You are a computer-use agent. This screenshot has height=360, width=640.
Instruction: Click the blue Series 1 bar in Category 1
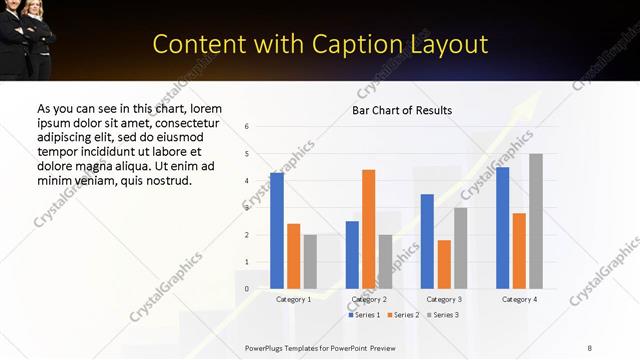tap(277, 231)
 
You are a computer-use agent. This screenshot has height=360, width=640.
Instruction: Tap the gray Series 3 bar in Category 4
tap(536, 221)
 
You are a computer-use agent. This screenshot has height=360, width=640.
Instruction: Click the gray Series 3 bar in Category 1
tap(310, 262)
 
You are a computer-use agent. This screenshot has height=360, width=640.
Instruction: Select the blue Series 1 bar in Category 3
tap(427, 241)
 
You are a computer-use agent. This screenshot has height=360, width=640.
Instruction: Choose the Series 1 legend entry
tap(363, 315)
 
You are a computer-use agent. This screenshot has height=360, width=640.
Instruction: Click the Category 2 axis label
tap(369, 299)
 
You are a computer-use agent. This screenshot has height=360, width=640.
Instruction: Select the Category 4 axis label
tap(519, 299)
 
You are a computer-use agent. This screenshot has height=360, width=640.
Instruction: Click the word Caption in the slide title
tap(374, 44)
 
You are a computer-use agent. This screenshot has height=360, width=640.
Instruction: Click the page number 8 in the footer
tap(590, 346)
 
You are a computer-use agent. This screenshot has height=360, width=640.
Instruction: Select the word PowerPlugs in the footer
tap(270, 346)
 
